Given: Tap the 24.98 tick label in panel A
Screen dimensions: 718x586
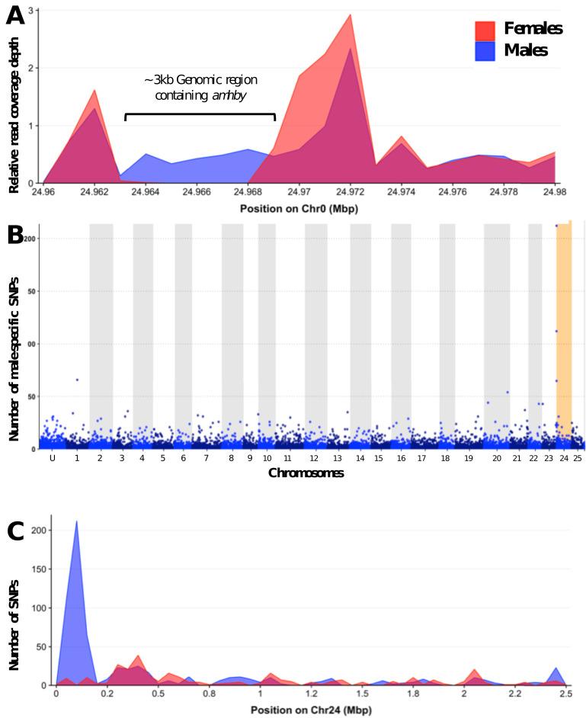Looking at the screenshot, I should click(x=556, y=193).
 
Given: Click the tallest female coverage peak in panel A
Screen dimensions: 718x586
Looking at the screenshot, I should click(x=350, y=15).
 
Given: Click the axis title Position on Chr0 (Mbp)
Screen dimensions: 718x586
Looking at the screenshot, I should click(x=299, y=207).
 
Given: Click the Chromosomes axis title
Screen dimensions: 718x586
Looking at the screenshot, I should click(x=306, y=473).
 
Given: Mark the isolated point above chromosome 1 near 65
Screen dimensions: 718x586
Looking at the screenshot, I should click(x=77, y=380).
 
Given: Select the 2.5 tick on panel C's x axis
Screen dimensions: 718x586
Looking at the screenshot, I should click(x=565, y=695).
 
